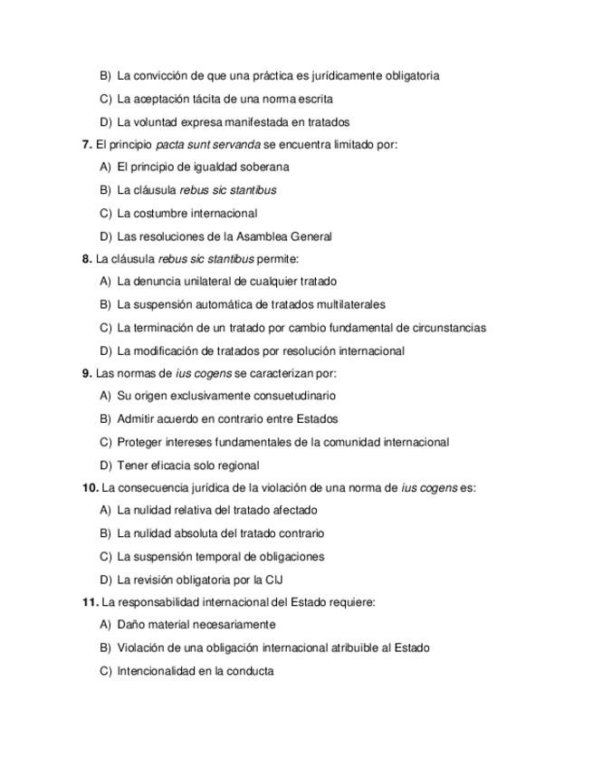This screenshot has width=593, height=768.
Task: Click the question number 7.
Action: pos(87,144)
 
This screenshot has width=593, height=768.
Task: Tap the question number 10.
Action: pos(90,487)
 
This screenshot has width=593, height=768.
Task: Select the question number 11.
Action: pos(90,601)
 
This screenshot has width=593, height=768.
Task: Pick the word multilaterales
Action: pos(346,304)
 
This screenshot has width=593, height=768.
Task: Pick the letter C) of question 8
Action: pos(105,328)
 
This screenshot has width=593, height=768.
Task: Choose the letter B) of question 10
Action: pos(105,533)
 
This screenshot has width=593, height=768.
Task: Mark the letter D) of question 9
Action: pos(105,466)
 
